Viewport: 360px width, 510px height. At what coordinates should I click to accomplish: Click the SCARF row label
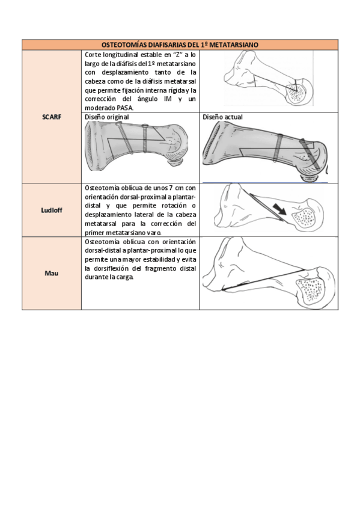tap(52, 117)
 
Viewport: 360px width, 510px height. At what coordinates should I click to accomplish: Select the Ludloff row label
tap(52, 210)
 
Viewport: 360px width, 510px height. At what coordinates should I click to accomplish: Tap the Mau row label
tap(52, 273)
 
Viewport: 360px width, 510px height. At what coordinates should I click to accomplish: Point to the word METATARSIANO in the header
tap(234, 45)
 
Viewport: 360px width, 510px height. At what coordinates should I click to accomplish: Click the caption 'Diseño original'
tap(107, 117)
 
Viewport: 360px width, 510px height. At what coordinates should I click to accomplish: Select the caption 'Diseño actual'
tap(222, 117)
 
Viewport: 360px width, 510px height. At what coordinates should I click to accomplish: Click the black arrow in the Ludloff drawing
tap(279, 209)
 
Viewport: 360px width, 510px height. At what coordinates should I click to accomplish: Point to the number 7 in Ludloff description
tap(171, 188)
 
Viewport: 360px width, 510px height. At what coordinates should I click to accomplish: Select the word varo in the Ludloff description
tap(154, 233)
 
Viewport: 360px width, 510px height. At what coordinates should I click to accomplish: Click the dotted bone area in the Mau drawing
tap(311, 289)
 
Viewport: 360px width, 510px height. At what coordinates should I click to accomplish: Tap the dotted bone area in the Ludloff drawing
tap(304, 217)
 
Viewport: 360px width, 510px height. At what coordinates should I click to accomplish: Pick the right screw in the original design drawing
tap(145, 138)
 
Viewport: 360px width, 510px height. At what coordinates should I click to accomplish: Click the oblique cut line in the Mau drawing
tap(263, 280)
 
